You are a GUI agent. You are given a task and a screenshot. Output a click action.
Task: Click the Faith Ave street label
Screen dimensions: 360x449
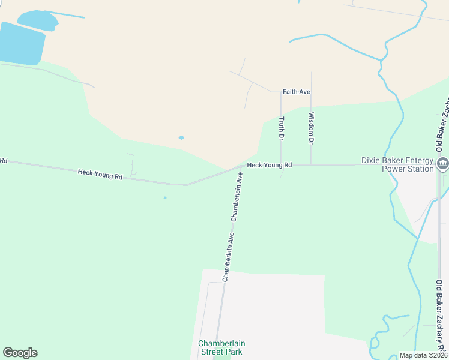tap(297, 92)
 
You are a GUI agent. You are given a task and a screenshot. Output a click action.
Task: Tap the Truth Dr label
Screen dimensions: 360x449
tap(280, 128)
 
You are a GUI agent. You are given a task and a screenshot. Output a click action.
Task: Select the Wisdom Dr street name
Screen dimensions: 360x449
tap(311, 128)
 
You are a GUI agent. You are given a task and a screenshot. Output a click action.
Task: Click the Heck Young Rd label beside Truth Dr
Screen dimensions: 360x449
tap(270, 164)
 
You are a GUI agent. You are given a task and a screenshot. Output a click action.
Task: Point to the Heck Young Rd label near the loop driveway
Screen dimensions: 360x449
tap(100, 175)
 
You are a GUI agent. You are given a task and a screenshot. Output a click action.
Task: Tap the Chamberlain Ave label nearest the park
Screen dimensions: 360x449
tap(228, 258)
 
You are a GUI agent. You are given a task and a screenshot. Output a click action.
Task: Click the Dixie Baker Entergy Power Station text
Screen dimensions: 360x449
tap(397, 164)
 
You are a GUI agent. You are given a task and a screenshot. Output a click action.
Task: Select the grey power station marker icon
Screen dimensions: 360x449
tap(443, 163)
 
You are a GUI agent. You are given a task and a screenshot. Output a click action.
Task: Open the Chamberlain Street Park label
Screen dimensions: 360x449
tap(221, 347)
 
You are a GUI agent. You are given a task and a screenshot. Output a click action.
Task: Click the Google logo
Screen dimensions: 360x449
tap(20, 353)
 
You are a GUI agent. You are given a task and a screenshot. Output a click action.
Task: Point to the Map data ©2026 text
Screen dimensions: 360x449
tap(423, 355)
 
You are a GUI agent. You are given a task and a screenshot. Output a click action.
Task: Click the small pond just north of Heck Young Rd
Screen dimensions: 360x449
tap(181, 137)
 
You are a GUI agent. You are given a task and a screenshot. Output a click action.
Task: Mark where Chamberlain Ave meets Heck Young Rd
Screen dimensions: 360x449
tap(243, 166)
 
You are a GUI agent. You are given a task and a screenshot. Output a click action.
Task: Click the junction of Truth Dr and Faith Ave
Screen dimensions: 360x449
tap(281, 92)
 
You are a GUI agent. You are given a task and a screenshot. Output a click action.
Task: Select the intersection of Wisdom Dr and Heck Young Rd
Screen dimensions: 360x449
tap(311, 164)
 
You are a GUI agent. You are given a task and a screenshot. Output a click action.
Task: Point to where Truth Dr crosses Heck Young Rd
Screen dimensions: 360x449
tap(281, 164)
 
